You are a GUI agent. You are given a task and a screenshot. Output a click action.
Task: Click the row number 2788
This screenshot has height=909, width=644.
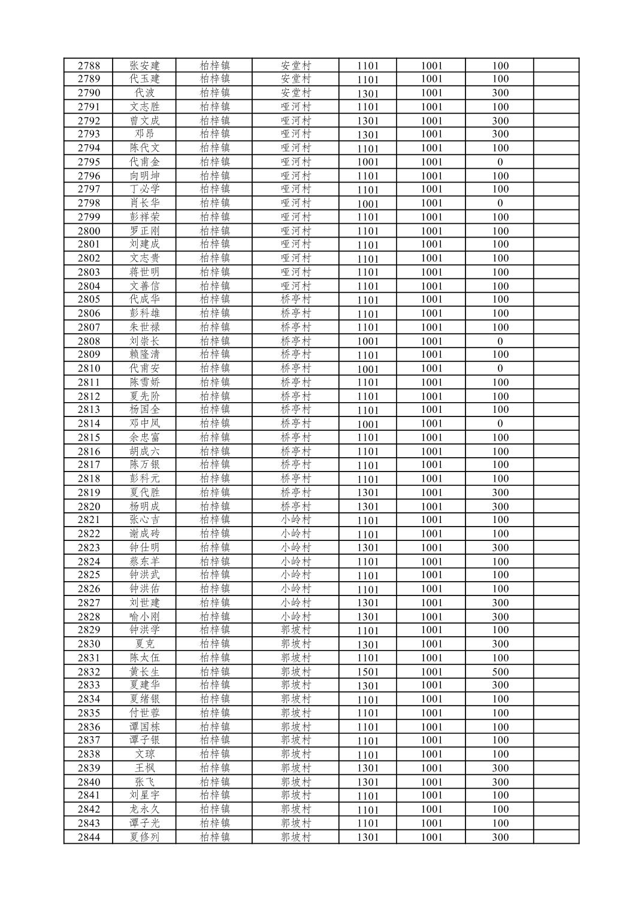click(89, 66)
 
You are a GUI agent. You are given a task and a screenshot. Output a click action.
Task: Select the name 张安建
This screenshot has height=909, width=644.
click(144, 66)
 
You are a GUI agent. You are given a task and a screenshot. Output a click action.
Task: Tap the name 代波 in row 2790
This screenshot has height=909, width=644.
click(144, 93)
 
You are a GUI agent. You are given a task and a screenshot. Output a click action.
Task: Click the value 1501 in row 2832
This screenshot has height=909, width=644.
click(368, 672)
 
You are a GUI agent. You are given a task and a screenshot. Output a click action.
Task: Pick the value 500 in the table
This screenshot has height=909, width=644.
click(500, 672)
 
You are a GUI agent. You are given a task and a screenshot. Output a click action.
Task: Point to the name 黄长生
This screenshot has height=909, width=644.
click(144, 672)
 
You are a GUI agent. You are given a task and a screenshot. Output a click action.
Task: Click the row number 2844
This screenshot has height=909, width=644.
click(89, 837)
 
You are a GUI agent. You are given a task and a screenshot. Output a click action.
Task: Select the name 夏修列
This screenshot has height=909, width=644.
click(144, 837)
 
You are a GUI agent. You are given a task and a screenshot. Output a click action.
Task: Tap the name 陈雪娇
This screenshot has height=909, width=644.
click(144, 382)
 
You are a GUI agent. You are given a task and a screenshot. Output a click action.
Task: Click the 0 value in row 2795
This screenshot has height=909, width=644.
click(500, 162)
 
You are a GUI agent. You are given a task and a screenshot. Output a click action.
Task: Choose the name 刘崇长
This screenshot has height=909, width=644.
click(144, 341)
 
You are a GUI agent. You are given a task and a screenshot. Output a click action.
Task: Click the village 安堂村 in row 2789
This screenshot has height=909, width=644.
click(296, 79)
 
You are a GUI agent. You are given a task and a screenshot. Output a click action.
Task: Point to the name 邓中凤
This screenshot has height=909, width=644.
click(144, 424)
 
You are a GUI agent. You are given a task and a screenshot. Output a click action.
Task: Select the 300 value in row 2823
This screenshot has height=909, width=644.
click(500, 548)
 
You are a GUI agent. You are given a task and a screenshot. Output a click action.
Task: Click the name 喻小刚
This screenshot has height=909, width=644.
click(144, 617)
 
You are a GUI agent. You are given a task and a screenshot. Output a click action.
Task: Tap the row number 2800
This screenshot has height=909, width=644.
click(89, 231)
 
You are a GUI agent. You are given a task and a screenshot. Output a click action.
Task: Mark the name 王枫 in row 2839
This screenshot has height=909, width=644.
click(144, 768)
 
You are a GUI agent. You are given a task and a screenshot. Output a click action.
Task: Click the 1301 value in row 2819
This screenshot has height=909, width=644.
click(368, 493)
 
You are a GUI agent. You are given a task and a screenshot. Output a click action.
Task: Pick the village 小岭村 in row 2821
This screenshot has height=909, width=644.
click(296, 520)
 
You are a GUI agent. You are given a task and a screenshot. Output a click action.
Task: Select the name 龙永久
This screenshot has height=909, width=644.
click(144, 810)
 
